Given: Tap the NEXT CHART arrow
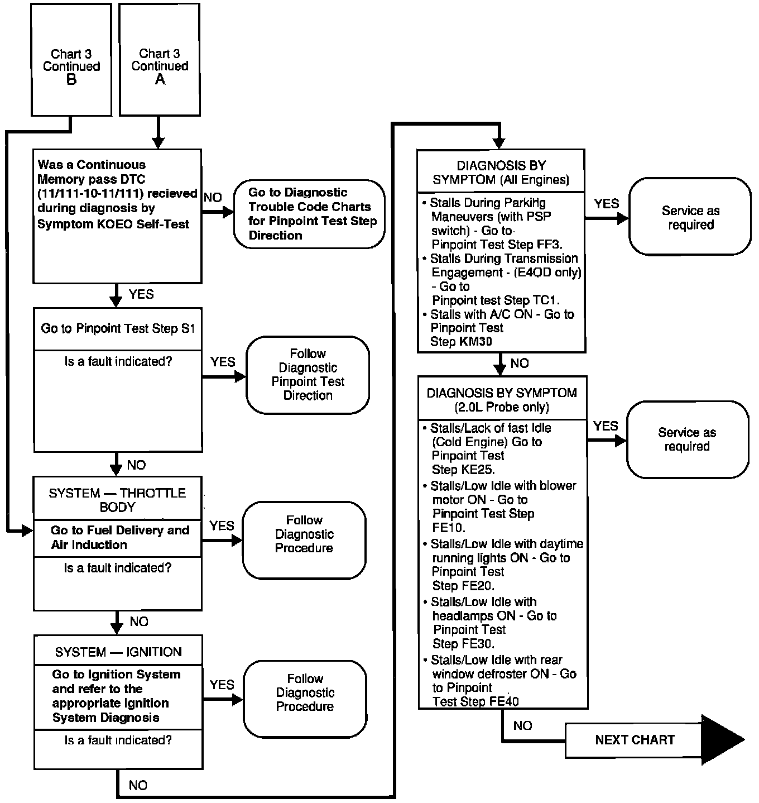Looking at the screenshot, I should pyautogui.click(x=653, y=740).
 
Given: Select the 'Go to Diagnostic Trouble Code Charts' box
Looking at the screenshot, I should pyautogui.click(x=310, y=214).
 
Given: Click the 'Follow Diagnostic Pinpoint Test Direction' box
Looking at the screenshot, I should pyautogui.click(x=308, y=375).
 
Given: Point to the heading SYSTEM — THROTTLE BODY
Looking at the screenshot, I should pyautogui.click(x=117, y=500).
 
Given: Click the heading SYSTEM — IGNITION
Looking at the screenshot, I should pyautogui.click(x=118, y=652).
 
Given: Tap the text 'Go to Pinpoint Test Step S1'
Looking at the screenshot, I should pyautogui.click(x=118, y=328).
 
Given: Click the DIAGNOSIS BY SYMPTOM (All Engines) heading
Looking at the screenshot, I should pyautogui.click(x=501, y=173).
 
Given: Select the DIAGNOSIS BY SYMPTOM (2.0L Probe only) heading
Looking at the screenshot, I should pyautogui.click(x=502, y=400).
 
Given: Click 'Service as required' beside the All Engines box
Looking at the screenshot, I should pyautogui.click(x=690, y=218).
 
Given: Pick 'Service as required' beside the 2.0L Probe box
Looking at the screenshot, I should pyautogui.click(x=687, y=439).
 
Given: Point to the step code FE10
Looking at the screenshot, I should pyautogui.click(x=449, y=528).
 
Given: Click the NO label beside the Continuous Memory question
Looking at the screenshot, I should pyautogui.click(x=213, y=198).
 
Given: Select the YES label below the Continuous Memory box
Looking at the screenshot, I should pyautogui.click(x=141, y=294).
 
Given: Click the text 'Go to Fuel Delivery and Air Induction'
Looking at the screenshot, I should pyautogui.click(x=119, y=537).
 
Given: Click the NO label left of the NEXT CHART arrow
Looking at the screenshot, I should pyautogui.click(x=522, y=725).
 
